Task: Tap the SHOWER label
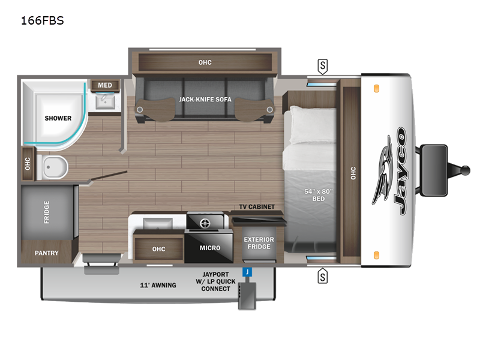(58, 118)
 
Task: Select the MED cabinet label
(105, 85)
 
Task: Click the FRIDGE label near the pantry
(47, 212)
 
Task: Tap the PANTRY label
(46, 253)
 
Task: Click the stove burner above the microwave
(205, 223)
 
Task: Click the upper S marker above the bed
(323, 65)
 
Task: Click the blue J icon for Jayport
(246, 272)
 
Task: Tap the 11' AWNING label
(158, 285)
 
